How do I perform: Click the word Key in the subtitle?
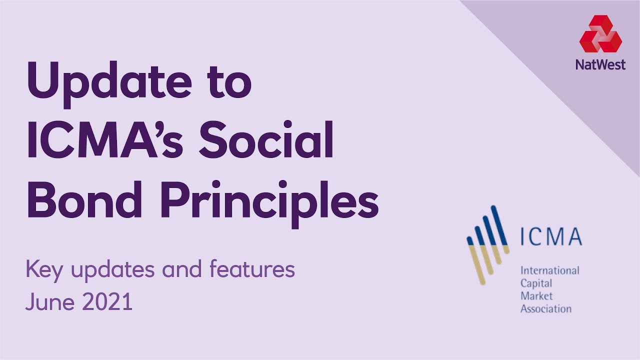pos(43,270)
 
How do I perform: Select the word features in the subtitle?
pos(252,270)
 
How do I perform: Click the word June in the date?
pos(48,302)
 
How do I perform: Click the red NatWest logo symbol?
pos(600,33)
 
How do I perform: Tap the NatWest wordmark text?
pos(600,64)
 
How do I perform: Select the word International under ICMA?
pos(549,271)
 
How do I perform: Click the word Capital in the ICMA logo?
pos(536,283)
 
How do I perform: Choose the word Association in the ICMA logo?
pos(545,308)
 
